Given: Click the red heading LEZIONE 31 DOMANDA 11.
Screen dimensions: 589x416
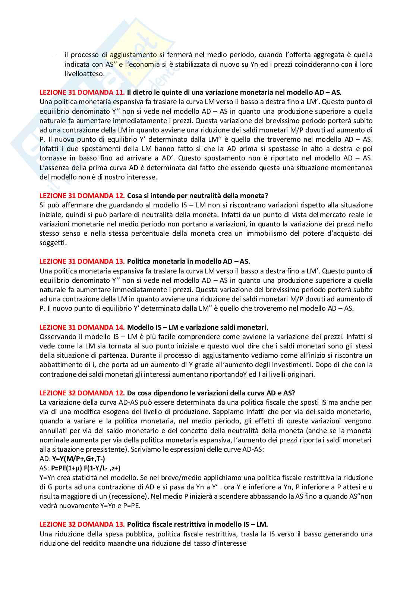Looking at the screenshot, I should [x=82, y=92].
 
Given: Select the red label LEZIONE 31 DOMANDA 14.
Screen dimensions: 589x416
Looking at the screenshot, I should [x=82, y=327].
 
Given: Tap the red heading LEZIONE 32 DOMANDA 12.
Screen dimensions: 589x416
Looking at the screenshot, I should [x=82, y=393].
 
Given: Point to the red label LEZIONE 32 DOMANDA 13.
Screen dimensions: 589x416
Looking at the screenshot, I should [x=82, y=524].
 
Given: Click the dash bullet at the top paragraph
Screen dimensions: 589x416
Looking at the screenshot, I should [x=54, y=55].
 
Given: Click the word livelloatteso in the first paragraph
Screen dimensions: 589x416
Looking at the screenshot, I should [x=85, y=73].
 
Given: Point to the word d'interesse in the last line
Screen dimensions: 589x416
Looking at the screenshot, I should [x=227, y=543].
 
